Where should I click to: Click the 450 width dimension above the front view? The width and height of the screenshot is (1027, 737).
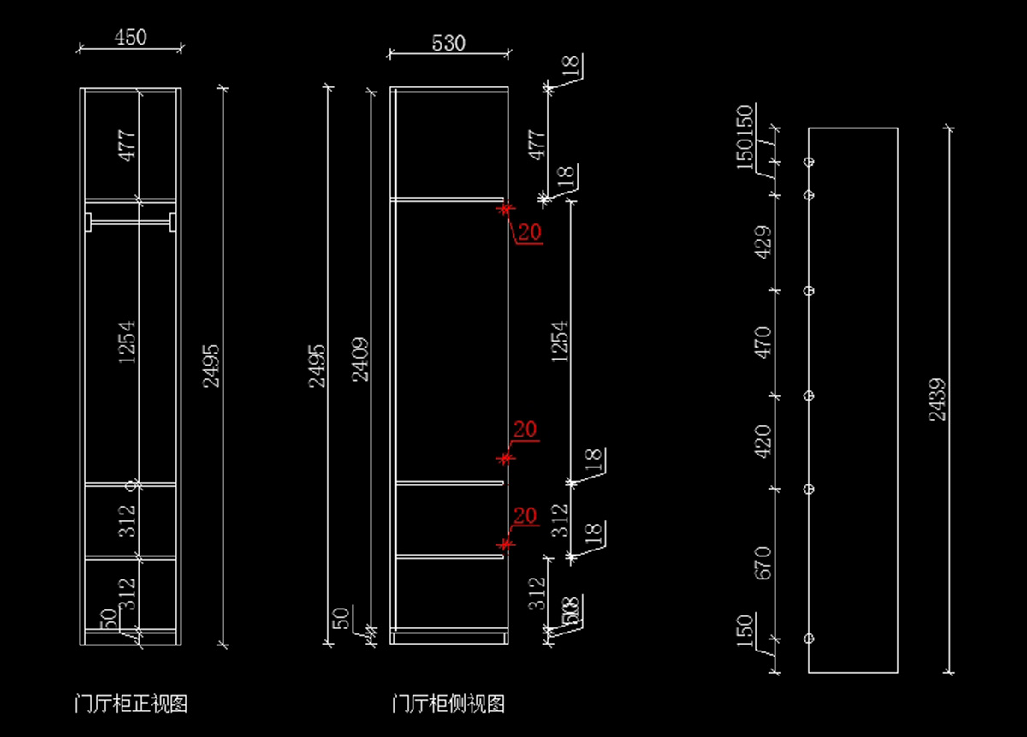coord(130,38)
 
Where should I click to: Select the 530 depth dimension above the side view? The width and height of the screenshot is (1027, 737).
coord(448,44)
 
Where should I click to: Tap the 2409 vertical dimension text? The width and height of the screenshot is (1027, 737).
coord(360,360)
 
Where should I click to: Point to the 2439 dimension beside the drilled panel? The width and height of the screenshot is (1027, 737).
coord(937,399)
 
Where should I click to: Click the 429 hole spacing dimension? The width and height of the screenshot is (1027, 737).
coord(763,242)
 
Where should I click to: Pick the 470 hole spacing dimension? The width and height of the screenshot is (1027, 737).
coord(763,342)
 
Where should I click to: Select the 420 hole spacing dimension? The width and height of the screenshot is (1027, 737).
coord(763,442)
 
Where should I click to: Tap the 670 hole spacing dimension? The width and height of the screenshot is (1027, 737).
coord(763,563)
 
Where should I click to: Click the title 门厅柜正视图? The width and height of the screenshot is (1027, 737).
coord(131,704)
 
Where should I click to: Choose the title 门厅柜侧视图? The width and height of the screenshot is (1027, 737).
coord(448,704)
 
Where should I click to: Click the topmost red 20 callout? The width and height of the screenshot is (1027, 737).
coord(531,232)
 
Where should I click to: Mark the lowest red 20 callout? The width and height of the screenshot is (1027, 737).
coord(525,516)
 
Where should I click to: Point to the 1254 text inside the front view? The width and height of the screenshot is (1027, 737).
coord(128,342)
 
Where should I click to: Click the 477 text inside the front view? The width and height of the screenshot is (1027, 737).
coord(128,146)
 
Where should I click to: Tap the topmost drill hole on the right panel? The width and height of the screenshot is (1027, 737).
coord(809,162)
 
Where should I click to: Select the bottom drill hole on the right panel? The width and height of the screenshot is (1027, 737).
coord(809,639)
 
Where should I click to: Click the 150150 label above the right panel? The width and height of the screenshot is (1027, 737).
coord(745,137)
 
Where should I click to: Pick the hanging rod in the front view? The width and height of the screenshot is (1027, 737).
coord(131,223)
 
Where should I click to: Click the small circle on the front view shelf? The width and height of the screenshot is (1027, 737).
coord(131,485)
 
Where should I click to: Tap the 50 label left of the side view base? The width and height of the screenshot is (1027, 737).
coord(341,618)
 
